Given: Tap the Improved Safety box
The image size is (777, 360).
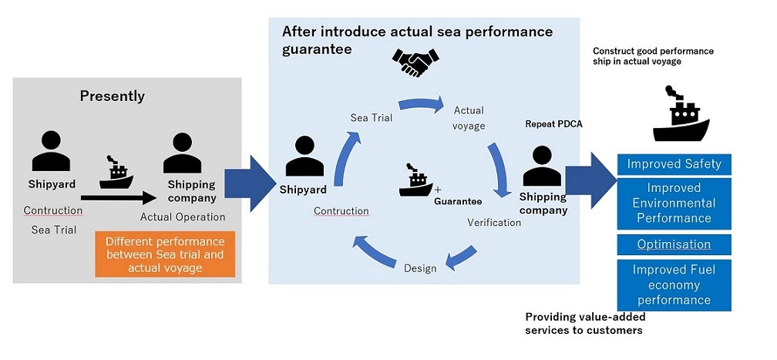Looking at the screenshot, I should point(674,164).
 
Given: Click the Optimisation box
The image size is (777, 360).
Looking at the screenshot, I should point(674,244).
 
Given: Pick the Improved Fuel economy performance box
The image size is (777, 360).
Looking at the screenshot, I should point(674,284).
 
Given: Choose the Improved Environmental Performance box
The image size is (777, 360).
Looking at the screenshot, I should point(674,203).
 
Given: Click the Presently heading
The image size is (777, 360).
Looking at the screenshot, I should point(113,96).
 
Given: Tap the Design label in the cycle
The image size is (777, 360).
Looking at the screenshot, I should point(420,268).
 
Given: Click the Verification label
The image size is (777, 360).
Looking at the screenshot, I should point(494,223).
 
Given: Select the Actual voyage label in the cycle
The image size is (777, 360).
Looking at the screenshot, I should point(469,118).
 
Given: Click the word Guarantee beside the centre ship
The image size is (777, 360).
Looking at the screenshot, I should point(458,201).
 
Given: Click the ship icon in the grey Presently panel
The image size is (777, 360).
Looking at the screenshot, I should point(116,175).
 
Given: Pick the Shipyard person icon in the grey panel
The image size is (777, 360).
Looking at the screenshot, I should point(50,151).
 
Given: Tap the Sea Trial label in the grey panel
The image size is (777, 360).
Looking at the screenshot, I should point(54,230).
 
